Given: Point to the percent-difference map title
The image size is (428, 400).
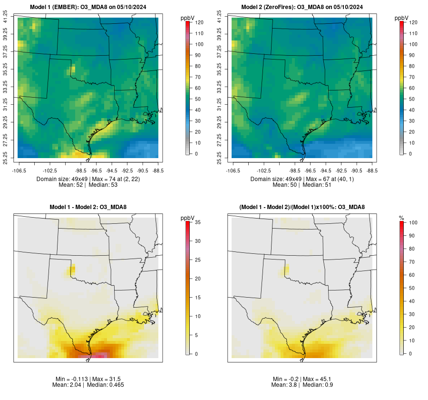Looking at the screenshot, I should pyautogui.click(x=302, y=207).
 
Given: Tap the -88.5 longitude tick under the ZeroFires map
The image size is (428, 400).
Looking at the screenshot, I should pyautogui.click(x=372, y=170).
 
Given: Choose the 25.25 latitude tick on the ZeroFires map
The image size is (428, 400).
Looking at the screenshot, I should pyautogui.click(x=220, y=158).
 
